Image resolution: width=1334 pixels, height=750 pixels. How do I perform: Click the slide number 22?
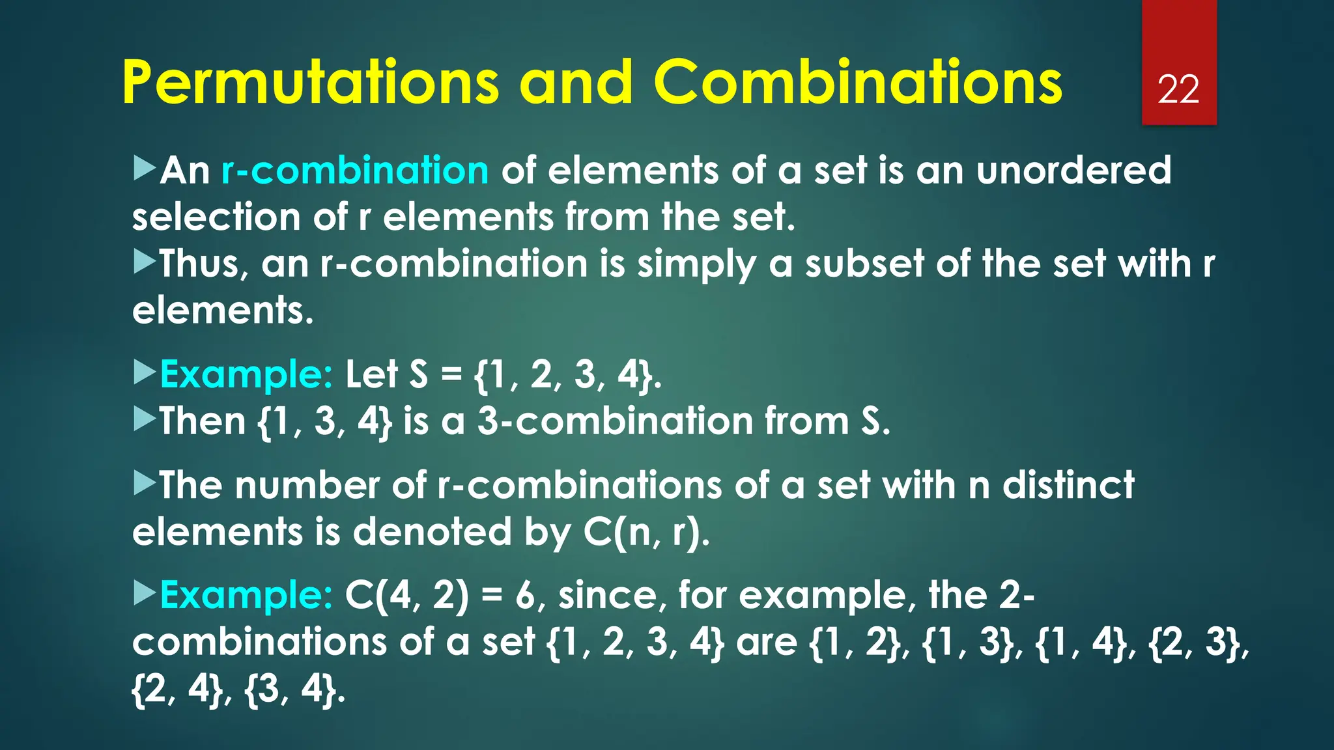pos(1178,89)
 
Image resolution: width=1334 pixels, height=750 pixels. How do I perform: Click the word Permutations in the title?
pos(310,83)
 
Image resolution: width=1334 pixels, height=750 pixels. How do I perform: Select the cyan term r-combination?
pos(355,171)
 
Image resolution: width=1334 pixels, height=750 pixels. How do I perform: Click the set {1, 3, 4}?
pos(325,422)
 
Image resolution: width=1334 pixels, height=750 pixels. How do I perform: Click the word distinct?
pos(1068,486)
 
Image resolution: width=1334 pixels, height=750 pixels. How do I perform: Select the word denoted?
pos(432,533)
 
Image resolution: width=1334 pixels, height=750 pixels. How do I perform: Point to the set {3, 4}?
pos(291,689)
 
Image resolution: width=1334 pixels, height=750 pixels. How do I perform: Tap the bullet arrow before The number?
pos(145,484)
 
